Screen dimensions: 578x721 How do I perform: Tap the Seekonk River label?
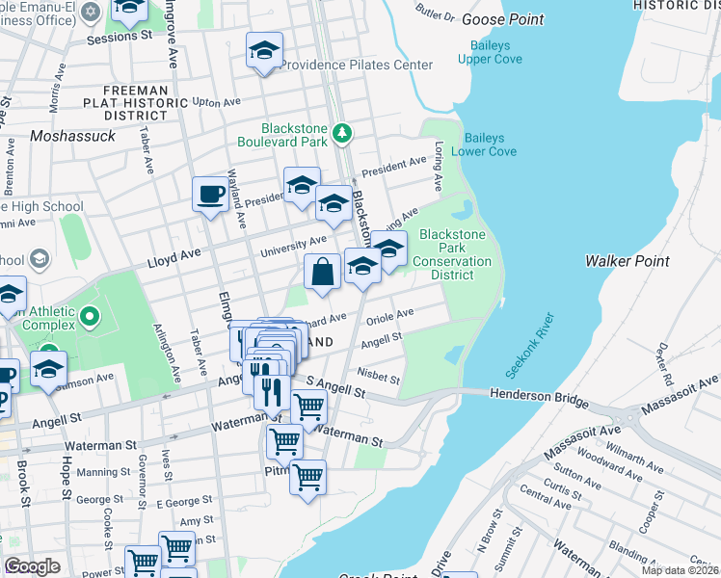point(529,345)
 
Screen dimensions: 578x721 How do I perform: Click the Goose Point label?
point(502,19)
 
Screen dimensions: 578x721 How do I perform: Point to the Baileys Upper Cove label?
point(496,52)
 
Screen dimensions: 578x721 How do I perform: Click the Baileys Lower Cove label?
point(491,144)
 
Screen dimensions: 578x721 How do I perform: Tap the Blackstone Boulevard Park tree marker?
point(341,132)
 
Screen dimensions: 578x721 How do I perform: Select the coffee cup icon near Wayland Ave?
point(210,197)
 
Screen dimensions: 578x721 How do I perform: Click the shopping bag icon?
point(323,273)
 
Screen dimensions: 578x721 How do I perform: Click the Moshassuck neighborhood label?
point(72,136)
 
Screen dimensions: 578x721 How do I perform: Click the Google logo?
point(32,565)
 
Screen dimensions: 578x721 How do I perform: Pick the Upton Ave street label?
point(216,102)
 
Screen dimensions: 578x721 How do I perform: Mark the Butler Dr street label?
point(435,14)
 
